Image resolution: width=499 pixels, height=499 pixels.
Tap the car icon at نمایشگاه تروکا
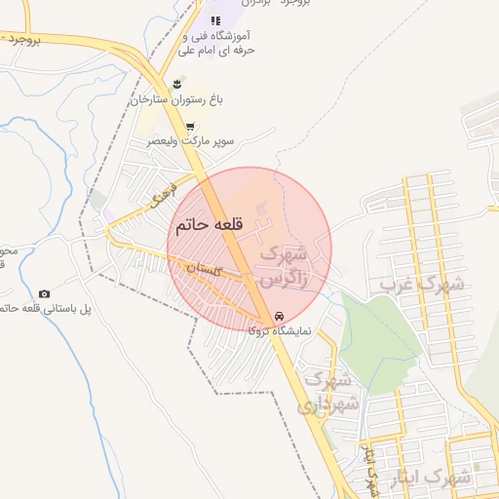[280, 317]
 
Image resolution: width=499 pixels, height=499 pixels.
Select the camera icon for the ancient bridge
[44, 293]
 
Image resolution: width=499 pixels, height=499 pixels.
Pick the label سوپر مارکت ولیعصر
[191, 141]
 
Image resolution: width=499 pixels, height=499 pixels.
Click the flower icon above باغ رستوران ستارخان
[176, 84]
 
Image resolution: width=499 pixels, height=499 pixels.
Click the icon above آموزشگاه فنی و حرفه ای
[215, 21]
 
